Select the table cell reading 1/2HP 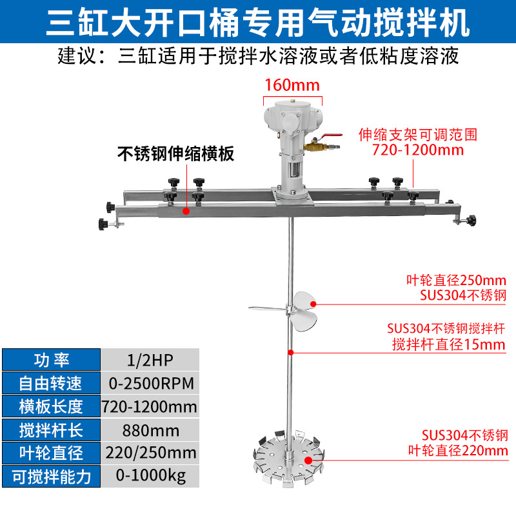(149, 360)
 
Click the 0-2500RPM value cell (149, 383)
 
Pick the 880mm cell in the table (149, 430)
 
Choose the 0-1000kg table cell (149, 477)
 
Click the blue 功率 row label (51, 360)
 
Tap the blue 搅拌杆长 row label (51, 430)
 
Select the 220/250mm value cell (149, 453)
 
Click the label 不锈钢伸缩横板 (175, 154)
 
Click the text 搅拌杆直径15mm (449, 344)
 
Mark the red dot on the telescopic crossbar (186, 210)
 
